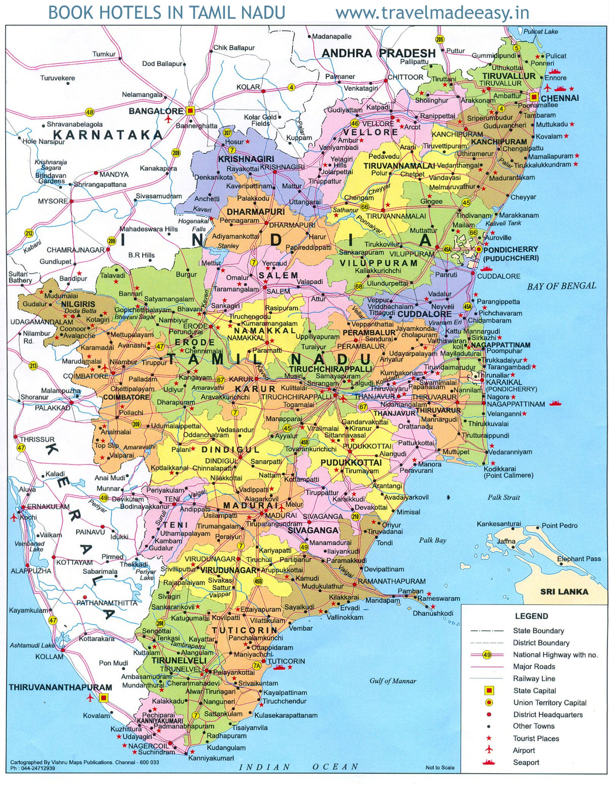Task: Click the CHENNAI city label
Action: point(559,98)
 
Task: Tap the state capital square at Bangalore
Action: point(190,110)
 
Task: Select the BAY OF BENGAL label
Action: point(561,286)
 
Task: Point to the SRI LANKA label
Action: point(564,592)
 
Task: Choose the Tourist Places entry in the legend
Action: point(535,738)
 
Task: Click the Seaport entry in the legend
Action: point(526,762)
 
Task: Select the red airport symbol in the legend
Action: point(489,750)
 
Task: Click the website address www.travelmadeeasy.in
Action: point(432,13)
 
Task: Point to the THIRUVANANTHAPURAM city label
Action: point(60,688)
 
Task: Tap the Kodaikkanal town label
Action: point(170,468)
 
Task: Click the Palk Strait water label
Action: point(503,497)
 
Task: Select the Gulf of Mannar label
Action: point(392,681)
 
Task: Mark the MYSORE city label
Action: point(53,201)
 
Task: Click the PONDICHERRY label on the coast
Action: point(511,250)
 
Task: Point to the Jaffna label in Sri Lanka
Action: point(506,541)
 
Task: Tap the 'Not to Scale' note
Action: point(439,767)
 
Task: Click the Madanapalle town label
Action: point(331,37)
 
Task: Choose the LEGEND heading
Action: point(531,616)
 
